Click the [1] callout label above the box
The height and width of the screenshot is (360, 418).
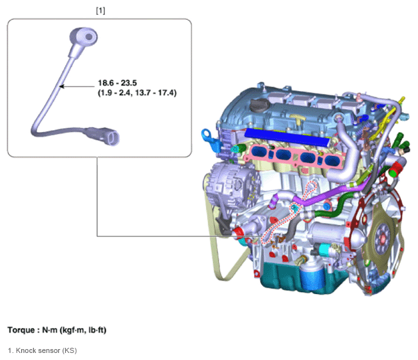click(x=100, y=11)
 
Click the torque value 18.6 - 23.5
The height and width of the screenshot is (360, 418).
click(x=117, y=83)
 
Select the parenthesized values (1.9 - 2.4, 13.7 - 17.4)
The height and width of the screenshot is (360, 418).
click(x=137, y=93)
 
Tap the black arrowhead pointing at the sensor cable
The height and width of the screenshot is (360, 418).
click(x=61, y=86)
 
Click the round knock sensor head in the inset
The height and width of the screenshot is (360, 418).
click(x=84, y=37)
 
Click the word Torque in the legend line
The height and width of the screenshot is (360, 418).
click(x=21, y=330)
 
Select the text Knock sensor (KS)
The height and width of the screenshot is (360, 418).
click(x=46, y=350)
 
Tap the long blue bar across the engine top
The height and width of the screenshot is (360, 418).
click(x=287, y=136)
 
